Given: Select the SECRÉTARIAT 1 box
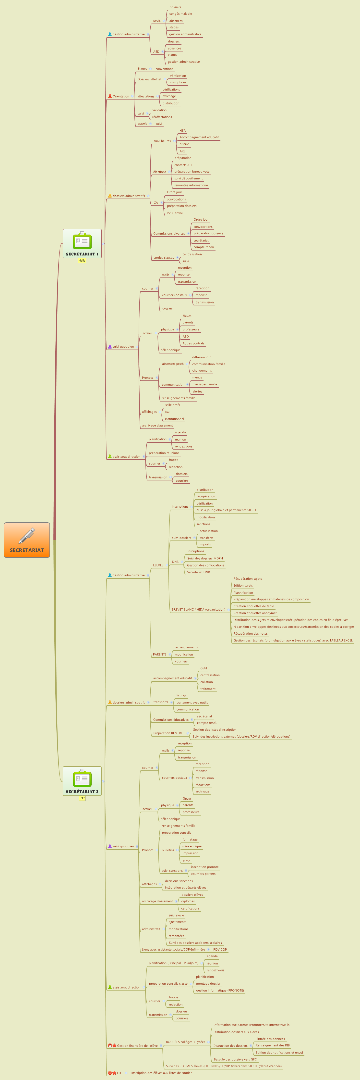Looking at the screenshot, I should pos(82,243).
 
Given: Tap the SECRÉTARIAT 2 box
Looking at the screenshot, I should pos(82,781).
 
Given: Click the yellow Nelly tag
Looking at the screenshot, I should pos(82,261).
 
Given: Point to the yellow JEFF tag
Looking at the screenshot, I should pos(82,798).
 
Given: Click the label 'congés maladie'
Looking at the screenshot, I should pos(180,14).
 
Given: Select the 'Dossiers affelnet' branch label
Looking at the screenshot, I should pos(149,79).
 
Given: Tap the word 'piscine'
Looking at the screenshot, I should pos(184,144).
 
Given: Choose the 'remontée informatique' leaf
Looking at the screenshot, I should pos(191,185).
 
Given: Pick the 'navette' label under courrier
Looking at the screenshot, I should pos(167,309).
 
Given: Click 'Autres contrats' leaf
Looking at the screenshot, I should pos(193,343).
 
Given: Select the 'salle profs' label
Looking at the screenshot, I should pos(172,405).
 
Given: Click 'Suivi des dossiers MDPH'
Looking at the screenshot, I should pos(205,558).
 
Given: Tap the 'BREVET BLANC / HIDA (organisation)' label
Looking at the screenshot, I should pos(198,610).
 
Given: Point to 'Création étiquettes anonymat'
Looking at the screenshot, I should pos(255,613).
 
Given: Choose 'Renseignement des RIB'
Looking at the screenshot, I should pos(272,1045).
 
